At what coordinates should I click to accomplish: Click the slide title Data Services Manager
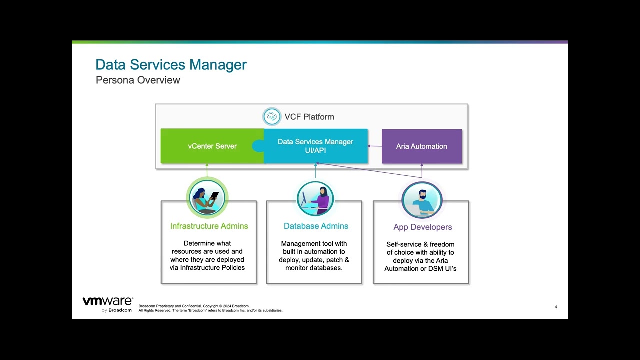coord(171,65)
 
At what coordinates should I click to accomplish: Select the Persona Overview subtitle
coord(138,80)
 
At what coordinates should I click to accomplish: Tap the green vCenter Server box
coord(212,146)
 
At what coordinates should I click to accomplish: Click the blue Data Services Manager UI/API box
coord(315,146)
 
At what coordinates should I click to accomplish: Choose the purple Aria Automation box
coord(421,146)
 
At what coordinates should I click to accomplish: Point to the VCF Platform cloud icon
coord(272,117)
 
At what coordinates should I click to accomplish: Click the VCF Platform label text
coord(309,117)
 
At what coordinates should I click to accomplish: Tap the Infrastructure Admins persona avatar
coord(207,197)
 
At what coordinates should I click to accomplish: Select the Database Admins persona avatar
coord(315,198)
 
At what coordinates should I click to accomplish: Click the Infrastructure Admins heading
coord(209,226)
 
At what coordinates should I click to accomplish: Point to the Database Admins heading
coord(316,226)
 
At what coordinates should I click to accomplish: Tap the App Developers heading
coord(422,227)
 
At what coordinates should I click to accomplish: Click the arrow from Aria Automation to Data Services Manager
coord(375,146)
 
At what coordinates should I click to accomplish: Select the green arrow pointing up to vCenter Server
coord(207,170)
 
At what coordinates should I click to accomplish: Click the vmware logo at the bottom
coord(107,302)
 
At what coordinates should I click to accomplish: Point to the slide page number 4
coord(556,307)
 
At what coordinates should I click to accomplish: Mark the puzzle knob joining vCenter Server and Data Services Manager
coord(258,146)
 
